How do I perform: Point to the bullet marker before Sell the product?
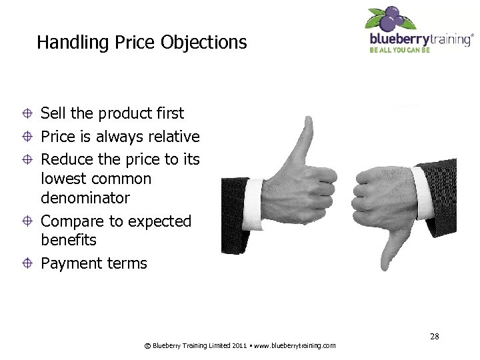[x=27, y=114]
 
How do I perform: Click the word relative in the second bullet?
[x=171, y=137]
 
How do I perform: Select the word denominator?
[x=85, y=198]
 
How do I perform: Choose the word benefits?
[x=69, y=240]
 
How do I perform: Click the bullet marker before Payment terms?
[x=27, y=264]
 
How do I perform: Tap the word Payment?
[x=69, y=263]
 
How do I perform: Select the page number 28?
[x=434, y=337]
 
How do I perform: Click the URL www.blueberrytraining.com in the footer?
[x=295, y=346]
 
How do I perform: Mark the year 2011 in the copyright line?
[x=241, y=346]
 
